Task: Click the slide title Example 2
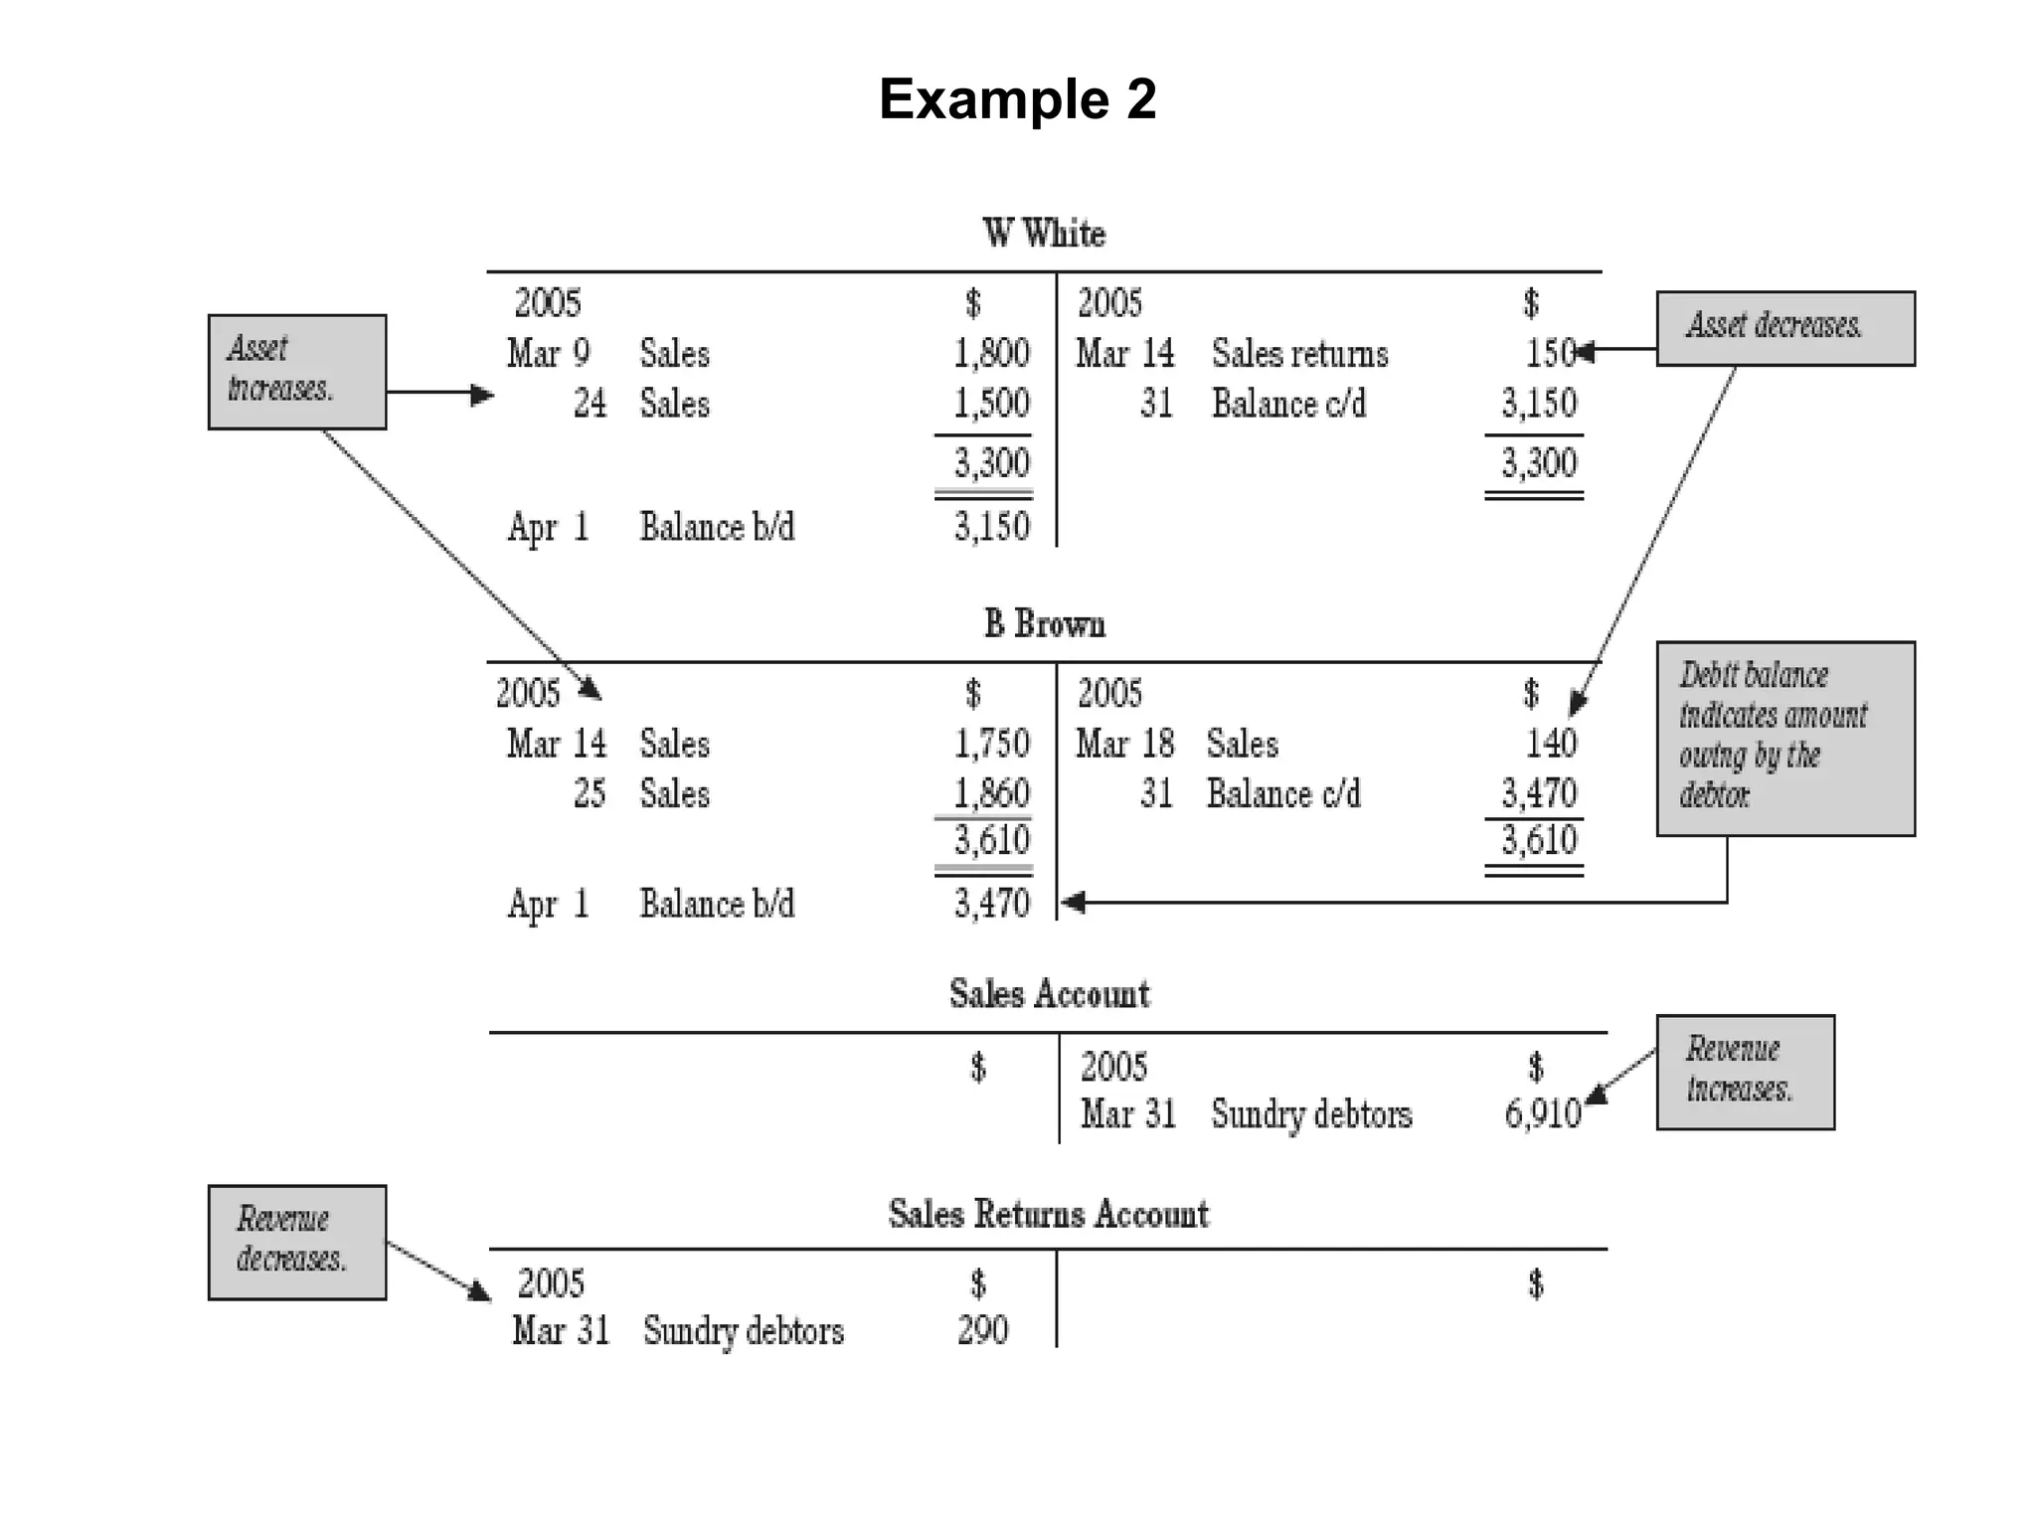[x=1017, y=99]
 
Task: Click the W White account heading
[x=1044, y=234]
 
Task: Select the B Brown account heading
[x=1044, y=624]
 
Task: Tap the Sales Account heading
[x=1049, y=994]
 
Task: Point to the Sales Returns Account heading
[x=1048, y=1214]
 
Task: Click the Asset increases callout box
[x=296, y=372]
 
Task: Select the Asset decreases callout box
[x=1784, y=328]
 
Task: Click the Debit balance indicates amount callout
[x=1784, y=738]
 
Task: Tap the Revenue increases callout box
[x=1745, y=1072]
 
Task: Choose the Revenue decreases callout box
[x=296, y=1242]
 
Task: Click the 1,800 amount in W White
[x=991, y=353]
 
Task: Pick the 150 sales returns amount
[x=1549, y=353]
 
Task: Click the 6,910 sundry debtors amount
[x=1542, y=1114]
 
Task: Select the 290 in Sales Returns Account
[x=982, y=1330]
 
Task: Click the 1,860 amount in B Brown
[x=991, y=793]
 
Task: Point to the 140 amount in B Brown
[x=1551, y=744]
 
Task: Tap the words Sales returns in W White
[x=1299, y=354]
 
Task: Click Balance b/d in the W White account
[x=717, y=527]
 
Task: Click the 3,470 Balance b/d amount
[x=991, y=904]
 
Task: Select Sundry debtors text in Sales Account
[x=1310, y=1114]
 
